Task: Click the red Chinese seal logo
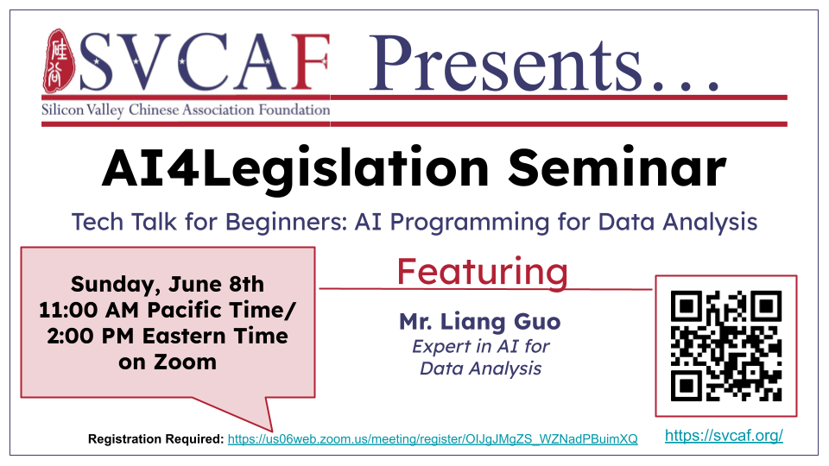[x=59, y=61]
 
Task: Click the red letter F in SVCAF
[x=311, y=62]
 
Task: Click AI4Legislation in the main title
[x=295, y=169]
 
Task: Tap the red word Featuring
[x=482, y=273]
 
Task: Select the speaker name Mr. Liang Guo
[x=479, y=321]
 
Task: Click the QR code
[x=726, y=345]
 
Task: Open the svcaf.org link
[x=724, y=435]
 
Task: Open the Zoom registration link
[x=433, y=439]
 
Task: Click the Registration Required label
[x=156, y=439]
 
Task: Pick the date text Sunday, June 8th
[x=168, y=284]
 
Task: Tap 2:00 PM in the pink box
[x=90, y=336]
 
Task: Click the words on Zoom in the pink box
[x=168, y=362]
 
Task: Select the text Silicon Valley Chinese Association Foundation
[x=186, y=110]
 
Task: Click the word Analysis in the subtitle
[x=710, y=223]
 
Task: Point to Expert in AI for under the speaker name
[x=481, y=346]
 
